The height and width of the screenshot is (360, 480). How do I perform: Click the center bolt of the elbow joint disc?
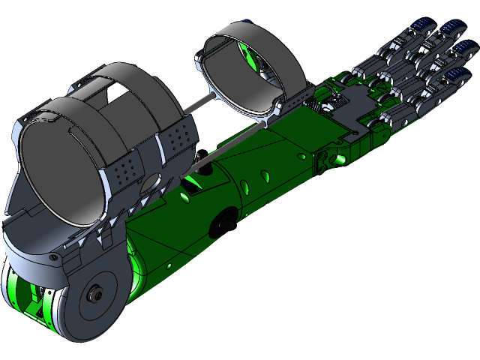pos(96,295)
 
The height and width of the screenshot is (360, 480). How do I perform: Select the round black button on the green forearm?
pos(224,221)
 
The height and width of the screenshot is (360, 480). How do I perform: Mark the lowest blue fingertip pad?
pos(455,73)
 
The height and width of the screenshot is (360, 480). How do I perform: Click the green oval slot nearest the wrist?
pos(299,157)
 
